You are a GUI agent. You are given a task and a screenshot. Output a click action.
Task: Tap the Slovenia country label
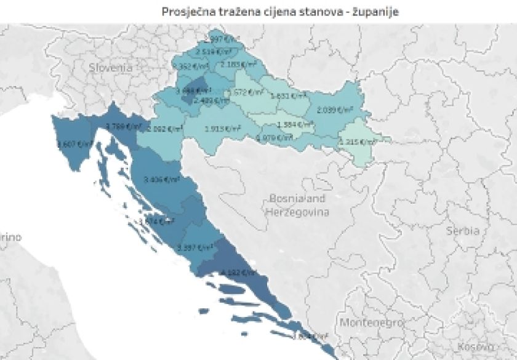click(x=110, y=67)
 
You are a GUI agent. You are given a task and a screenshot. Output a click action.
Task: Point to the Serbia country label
click(x=463, y=231)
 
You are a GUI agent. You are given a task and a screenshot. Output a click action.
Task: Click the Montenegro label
click(x=372, y=322)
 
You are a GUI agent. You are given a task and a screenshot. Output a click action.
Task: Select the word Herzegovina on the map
click(x=297, y=212)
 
